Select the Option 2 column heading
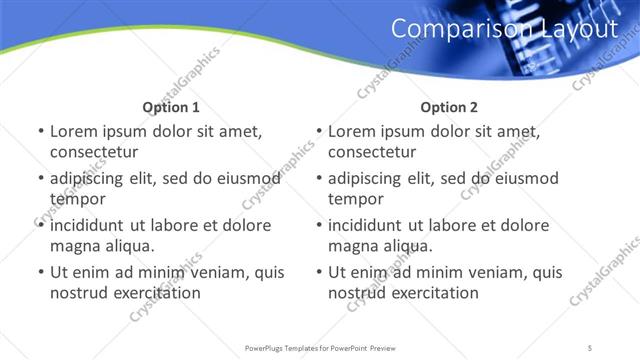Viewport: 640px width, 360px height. pyautogui.click(x=449, y=107)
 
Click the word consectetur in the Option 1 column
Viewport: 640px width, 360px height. pyautogui.click(x=93, y=152)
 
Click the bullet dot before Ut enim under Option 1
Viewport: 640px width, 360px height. pyautogui.click(x=39, y=272)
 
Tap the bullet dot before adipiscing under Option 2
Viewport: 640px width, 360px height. pyautogui.click(x=317, y=178)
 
